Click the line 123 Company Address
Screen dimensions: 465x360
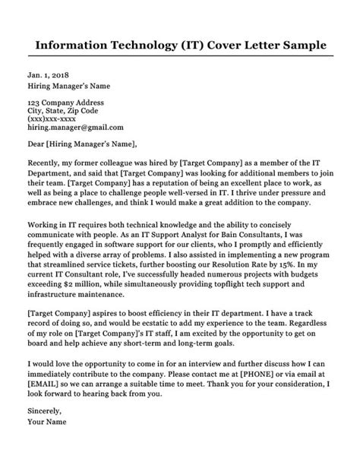pyautogui.click(x=66, y=101)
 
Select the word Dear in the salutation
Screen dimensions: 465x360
pyautogui.click(x=36, y=144)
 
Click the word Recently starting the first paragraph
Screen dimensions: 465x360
pyautogui.click(x=48, y=163)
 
